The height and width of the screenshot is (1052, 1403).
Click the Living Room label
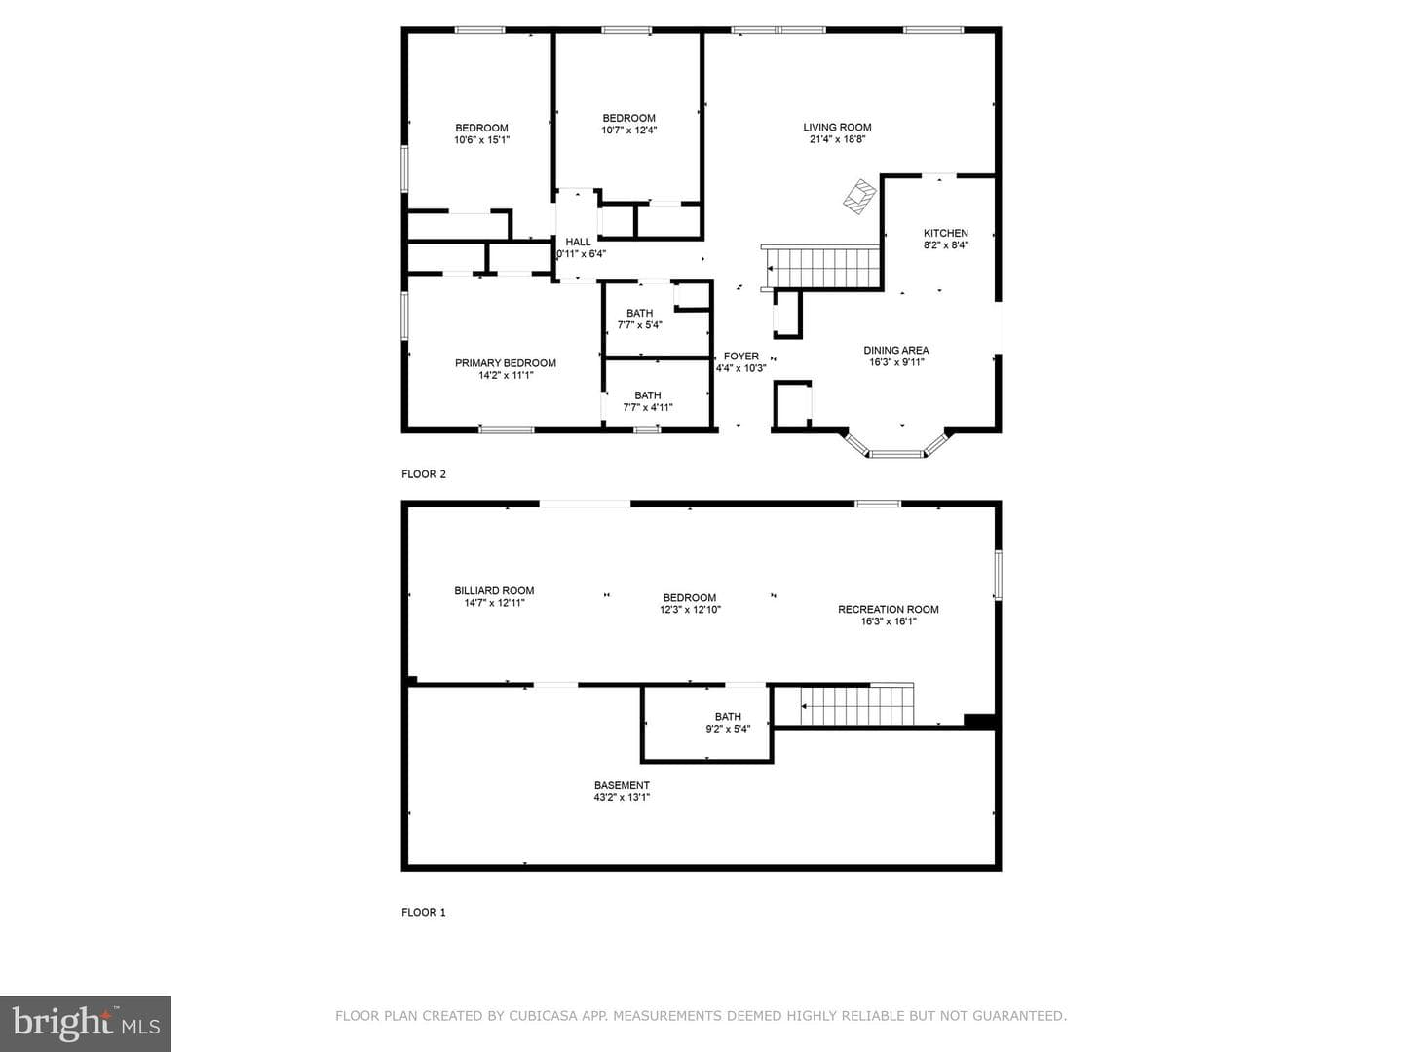837,127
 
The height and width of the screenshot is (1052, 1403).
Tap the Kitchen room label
945,233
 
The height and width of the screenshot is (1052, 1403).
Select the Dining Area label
895,350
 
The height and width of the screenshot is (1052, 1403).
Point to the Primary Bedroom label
505,362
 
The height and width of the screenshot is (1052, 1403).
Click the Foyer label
740,356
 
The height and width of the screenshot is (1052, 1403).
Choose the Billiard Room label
494,591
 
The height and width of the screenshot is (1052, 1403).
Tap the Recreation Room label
888,610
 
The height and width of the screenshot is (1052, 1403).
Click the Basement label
622,785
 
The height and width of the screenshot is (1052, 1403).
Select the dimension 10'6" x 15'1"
481,140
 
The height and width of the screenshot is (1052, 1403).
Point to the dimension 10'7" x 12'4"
628,131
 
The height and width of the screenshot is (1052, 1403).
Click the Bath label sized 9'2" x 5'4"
728,717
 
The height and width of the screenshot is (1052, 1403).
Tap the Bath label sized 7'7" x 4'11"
648,395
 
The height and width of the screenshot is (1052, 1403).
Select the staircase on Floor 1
856,705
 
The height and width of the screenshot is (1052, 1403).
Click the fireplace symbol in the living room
859,197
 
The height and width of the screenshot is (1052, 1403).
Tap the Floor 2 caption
423,474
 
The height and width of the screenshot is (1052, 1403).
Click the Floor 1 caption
423,912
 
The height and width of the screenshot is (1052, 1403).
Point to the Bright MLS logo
86,1023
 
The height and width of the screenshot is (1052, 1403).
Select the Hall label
578,243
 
